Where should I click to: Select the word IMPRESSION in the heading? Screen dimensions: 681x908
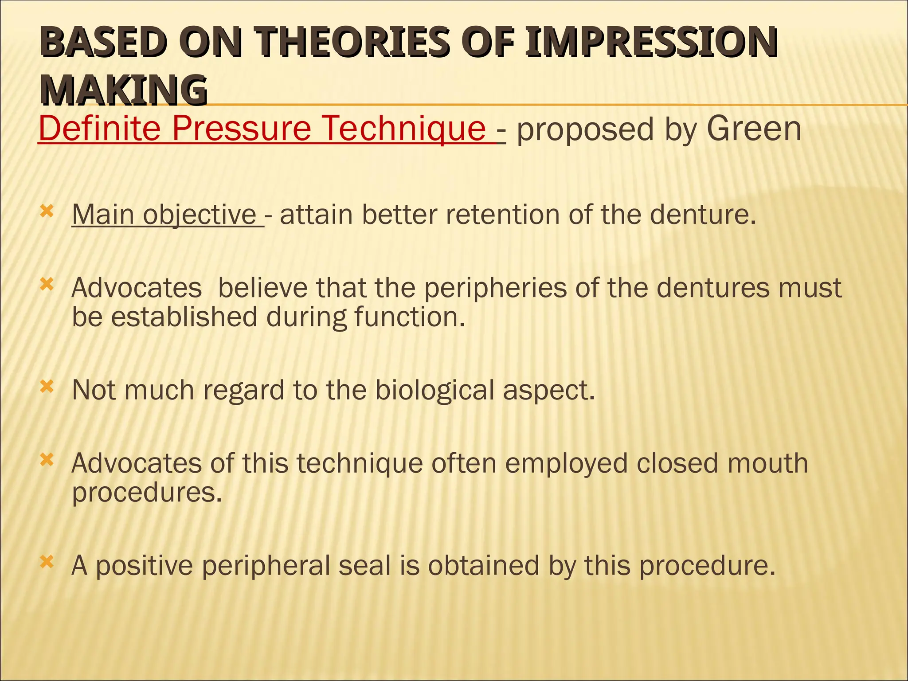pyautogui.click(x=650, y=43)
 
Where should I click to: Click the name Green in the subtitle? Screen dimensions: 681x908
pyautogui.click(x=754, y=129)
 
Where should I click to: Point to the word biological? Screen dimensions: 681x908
pyautogui.click(x=434, y=390)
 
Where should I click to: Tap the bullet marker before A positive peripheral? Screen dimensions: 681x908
pyautogui.click(x=47, y=562)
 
